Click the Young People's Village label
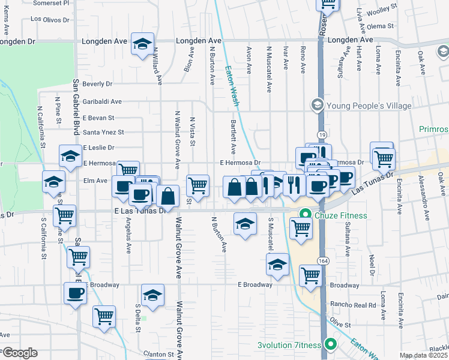[x=369, y=106]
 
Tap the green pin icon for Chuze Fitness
[x=306, y=214]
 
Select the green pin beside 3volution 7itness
[x=330, y=344]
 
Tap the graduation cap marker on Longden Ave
[x=143, y=44]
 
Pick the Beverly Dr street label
[x=97, y=84]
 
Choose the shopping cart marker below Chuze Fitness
[x=300, y=227]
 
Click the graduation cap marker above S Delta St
[x=152, y=296]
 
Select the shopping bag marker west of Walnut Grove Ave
[x=168, y=196]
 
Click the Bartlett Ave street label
[x=234, y=136]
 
